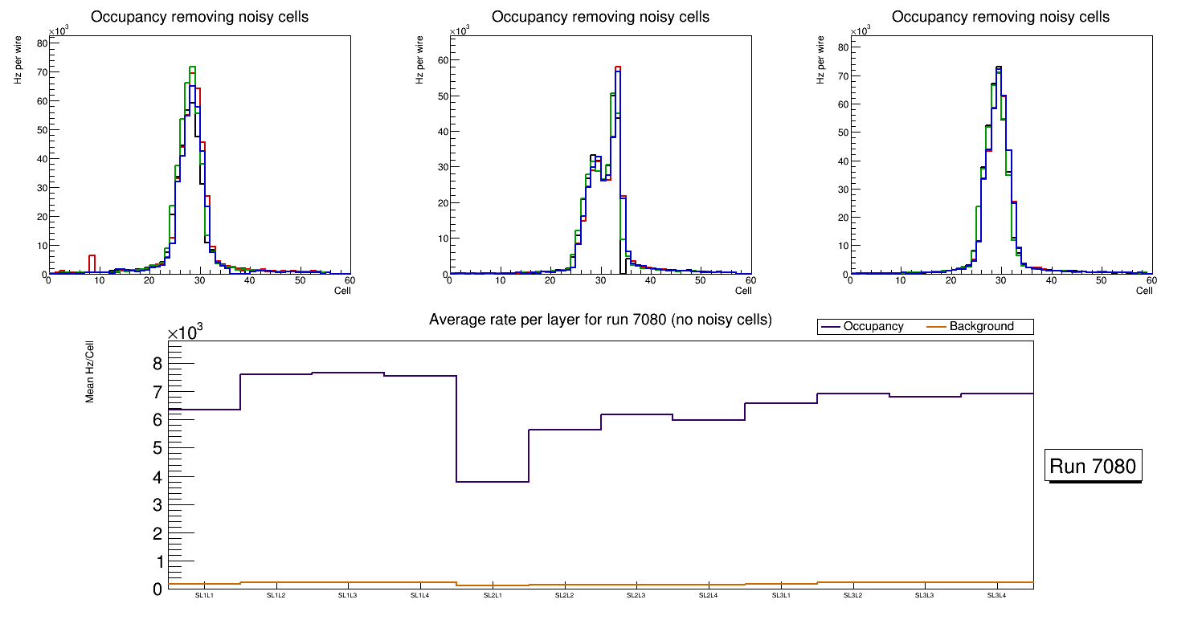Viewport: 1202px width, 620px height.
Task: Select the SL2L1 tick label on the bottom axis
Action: click(492, 596)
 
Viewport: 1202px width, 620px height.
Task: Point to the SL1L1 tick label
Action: click(204, 596)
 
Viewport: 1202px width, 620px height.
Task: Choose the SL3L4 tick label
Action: click(996, 596)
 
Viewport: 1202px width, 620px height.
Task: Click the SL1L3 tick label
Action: click(348, 596)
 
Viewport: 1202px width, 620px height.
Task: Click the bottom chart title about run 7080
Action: click(600, 320)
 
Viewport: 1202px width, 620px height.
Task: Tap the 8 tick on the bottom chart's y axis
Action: click(157, 364)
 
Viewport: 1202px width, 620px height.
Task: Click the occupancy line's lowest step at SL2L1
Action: click(492, 482)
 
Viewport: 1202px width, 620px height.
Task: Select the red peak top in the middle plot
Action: click(618, 67)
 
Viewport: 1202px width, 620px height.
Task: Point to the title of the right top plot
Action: click(1000, 17)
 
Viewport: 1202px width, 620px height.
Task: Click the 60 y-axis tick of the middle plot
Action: click(441, 60)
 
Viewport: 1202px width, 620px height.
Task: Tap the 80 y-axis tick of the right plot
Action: click(842, 47)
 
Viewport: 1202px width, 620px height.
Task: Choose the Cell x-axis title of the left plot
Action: click(342, 291)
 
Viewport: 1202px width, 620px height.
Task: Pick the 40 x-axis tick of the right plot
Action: click(1050, 280)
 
